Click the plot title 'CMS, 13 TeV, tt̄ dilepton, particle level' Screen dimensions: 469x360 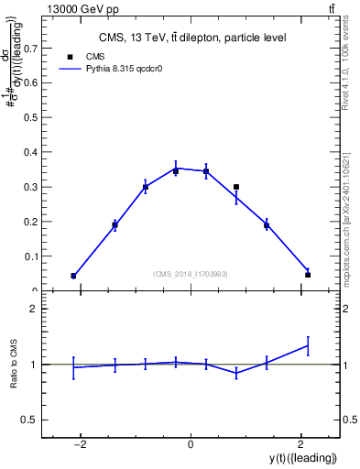pyautogui.click(x=192, y=38)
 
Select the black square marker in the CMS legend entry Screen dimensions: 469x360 pyautogui.click(x=71, y=57)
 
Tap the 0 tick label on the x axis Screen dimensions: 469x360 pyautogui.click(x=191, y=444)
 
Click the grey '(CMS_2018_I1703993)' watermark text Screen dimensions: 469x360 pyautogui.click(x=191, y=274)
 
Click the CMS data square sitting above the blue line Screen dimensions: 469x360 pyautogui.click(x=236, y=187)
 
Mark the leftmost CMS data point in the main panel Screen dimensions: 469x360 pyautogui.click(x=73, y=276)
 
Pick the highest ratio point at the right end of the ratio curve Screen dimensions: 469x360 pyautogui.click(x=308, y=345)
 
